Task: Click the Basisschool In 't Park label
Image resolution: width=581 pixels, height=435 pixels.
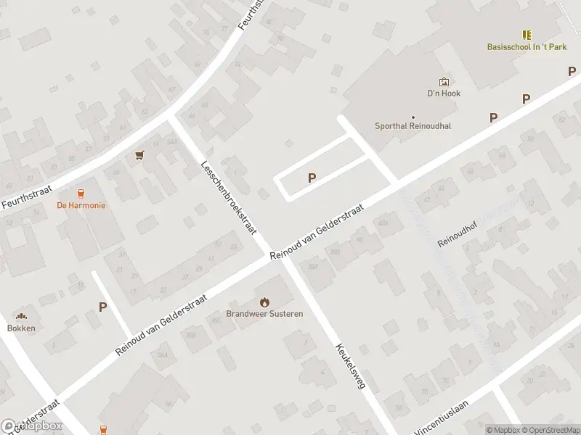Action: pos(527,47)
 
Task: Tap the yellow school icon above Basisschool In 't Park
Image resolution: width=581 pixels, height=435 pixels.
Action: pos(527,34)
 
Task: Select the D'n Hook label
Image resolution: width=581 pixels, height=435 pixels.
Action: pos(444,94)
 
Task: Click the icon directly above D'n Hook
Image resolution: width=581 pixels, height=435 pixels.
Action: pos(444,82)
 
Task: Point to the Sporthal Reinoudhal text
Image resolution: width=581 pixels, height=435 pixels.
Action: pos(413,125)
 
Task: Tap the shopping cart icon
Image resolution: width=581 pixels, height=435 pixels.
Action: pos(139,155)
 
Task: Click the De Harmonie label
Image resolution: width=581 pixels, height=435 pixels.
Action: pos(81,205)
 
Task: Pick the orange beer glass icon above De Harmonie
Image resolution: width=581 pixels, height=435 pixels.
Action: pos(81,193)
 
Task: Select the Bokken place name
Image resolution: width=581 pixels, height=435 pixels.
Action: pos(21,328)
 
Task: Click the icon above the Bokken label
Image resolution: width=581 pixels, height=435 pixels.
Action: pos(21,315)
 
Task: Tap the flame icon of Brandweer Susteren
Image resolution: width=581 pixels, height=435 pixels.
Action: pos(264,302)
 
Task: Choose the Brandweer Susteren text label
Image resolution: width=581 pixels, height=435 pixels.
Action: pos(264,314)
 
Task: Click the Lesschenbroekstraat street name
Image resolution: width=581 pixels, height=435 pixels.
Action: pos(229,196)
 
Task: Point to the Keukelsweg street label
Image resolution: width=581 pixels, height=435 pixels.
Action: pos(349,366)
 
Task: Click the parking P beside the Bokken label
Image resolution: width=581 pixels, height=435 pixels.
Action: pos(102,307)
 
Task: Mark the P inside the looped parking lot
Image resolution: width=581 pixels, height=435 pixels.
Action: pos(312,178)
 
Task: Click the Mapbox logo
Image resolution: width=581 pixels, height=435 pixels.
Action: pos(31,426)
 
